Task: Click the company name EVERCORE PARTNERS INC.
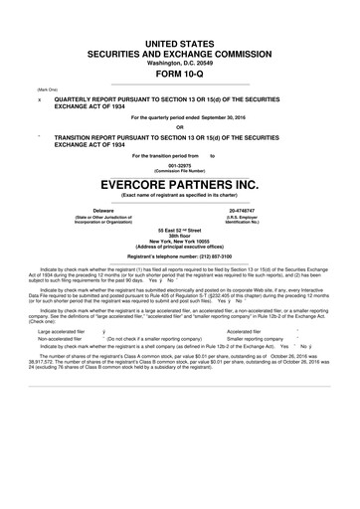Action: (180, 185)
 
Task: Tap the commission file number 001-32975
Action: (180, 166)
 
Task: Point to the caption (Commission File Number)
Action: (180, 172)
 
